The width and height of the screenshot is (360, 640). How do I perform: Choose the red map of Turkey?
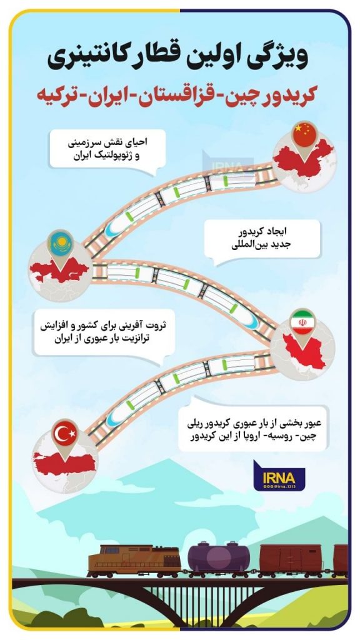[64, 463]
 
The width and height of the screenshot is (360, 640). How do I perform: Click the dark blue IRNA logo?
[279, 476]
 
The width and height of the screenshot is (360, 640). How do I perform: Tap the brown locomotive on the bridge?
[134, 561]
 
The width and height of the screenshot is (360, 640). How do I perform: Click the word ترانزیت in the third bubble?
[124, 338]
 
